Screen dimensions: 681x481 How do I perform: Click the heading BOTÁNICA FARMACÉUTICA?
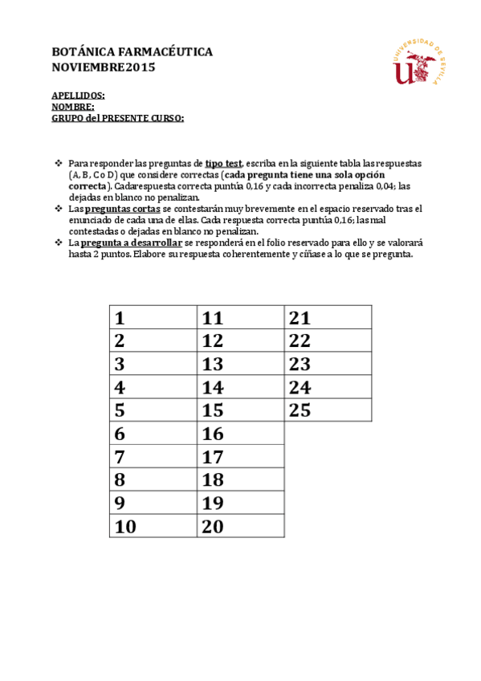click(x=132, y=51)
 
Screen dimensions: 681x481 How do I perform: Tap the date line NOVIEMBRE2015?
click(x=104, y=67)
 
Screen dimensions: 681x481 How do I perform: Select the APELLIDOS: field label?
click(x=78, y=96)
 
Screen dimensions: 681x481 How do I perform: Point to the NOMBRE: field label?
click(x=73, y=107)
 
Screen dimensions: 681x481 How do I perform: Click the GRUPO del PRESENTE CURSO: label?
click(x=118, y=118)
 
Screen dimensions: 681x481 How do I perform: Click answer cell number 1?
click(x=153, y=317)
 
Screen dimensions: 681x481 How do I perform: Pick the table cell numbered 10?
click(x=153, y=527)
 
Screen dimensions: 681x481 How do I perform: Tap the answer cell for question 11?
click(x=241, y=317)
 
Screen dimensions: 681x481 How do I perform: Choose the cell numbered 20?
click(x=241, y=527)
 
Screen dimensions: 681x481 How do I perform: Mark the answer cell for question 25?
click(x=328, y=410)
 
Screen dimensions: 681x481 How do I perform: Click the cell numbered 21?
click(x=328, y=317)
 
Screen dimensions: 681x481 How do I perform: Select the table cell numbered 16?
click(x=241, y=434)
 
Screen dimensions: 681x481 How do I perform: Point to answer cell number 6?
click(x=153, y=434)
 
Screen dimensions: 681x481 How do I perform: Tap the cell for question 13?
click(x=241, y=364)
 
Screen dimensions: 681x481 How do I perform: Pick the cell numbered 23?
click(x=328, y=364)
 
